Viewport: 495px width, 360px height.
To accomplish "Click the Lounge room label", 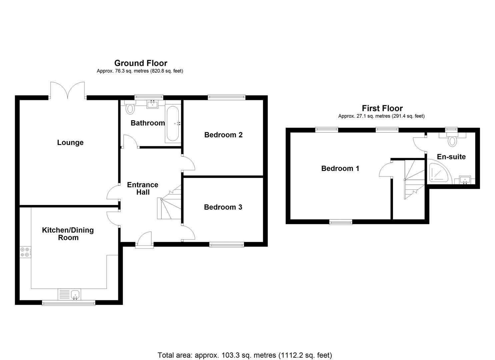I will point(70,143).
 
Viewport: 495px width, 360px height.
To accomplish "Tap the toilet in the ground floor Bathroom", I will point(130,108).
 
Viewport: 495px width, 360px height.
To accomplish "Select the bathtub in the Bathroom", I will point(173,123).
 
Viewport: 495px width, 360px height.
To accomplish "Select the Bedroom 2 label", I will point(223,135).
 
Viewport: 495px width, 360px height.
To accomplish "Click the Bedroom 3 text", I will point(223,207).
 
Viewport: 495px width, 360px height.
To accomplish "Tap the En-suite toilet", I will point(452,140).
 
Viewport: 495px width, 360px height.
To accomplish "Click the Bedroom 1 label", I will point(340,169).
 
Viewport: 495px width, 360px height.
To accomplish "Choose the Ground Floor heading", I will point(141,63).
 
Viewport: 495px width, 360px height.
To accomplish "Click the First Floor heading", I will point(382,108).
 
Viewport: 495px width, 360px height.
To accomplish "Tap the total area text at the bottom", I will point(245,355).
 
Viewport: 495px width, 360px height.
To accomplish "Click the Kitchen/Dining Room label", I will point(68,234).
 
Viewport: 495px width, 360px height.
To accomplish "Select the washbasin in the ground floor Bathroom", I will point(153,104).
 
